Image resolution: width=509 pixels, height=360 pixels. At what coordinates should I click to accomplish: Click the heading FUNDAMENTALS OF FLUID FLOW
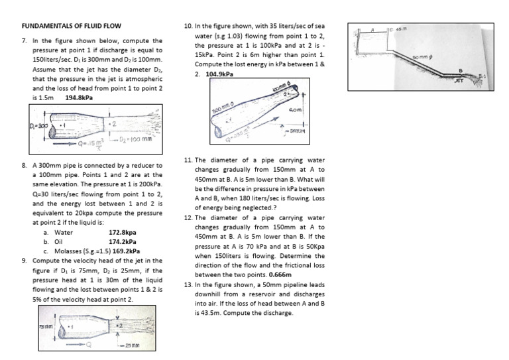point(72,26)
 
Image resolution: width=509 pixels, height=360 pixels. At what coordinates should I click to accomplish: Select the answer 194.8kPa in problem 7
point(79,97)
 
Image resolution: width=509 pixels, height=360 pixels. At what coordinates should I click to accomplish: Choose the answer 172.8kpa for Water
point(122,233)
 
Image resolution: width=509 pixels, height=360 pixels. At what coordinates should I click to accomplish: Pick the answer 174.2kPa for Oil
point(122,242)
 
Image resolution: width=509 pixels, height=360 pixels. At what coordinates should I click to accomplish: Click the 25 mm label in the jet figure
point(135,346)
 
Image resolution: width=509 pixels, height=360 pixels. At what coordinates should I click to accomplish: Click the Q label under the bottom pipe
point(90,345)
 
